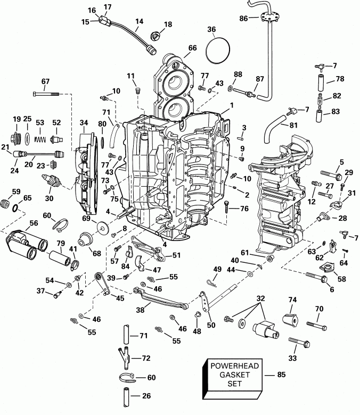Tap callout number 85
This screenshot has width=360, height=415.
pos(281,375)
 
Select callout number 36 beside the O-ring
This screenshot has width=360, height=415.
pos(212,30)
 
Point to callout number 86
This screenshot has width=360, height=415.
pos(243,18)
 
